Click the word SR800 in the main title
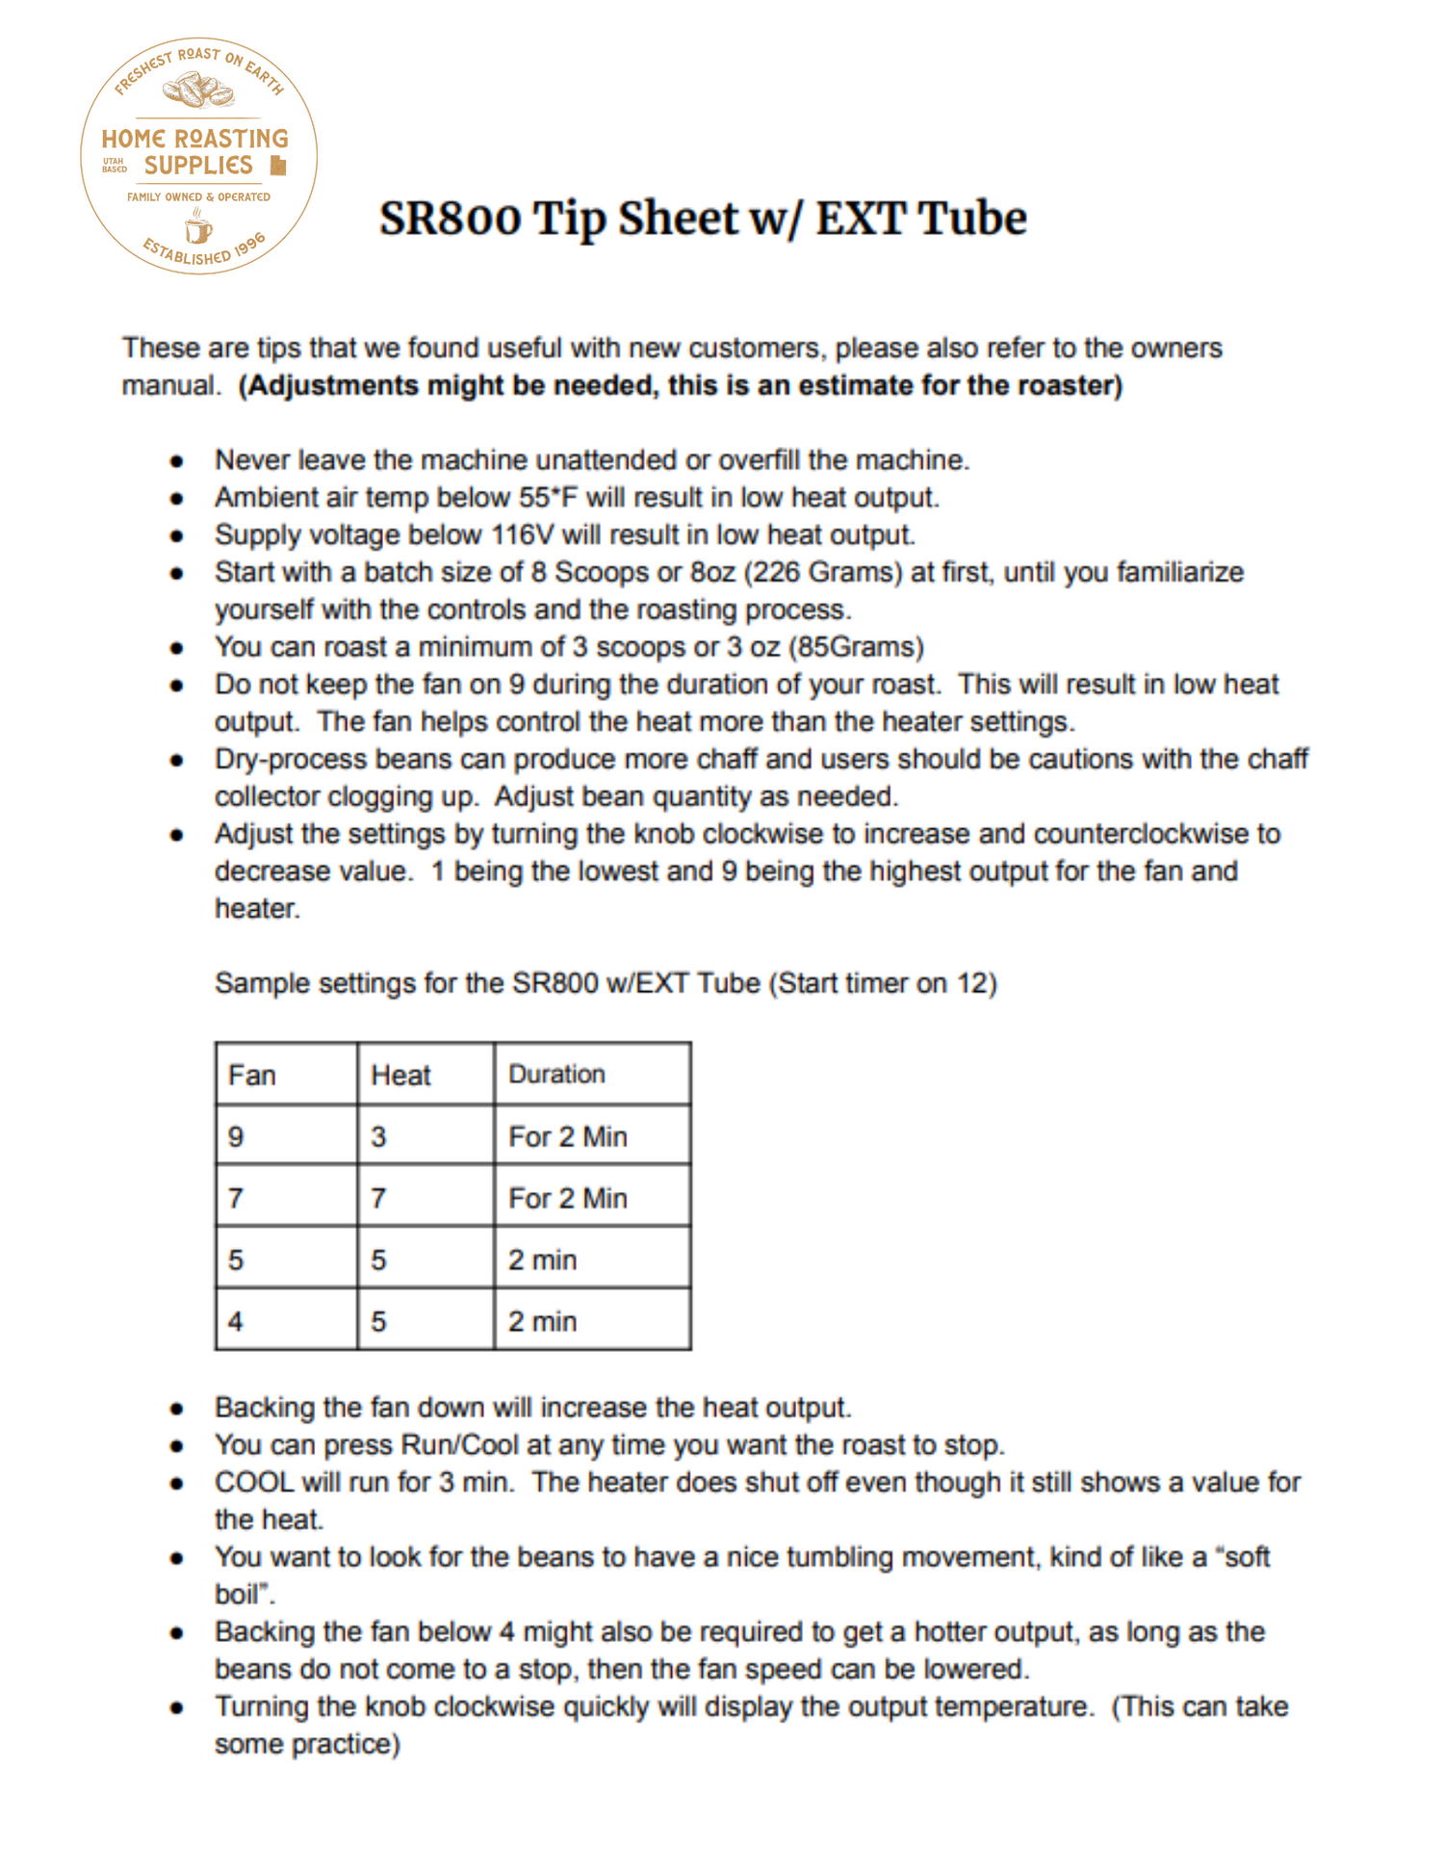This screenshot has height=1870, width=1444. (449, 219)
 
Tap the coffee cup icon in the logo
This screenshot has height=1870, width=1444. (197, 228)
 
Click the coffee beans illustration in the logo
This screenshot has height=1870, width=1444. (198, 92)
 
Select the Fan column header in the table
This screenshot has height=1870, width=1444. (252, 1075)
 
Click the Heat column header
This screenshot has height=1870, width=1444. (400, 1075)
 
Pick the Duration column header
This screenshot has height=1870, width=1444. (556, 1074)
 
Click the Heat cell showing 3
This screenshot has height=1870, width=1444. (378, 1137)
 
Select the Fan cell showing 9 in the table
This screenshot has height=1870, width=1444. (236, 1137)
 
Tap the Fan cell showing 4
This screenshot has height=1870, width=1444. (236, 1321)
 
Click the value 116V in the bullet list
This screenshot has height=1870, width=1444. (523, 534)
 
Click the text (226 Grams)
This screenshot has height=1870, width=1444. (822, 572)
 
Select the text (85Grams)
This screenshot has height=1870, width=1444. (856, 647)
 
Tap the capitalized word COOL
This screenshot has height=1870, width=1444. (253, 1482)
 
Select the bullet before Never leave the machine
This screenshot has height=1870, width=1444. (176, 461)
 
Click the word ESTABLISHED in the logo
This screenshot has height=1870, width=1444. (188, 253)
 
